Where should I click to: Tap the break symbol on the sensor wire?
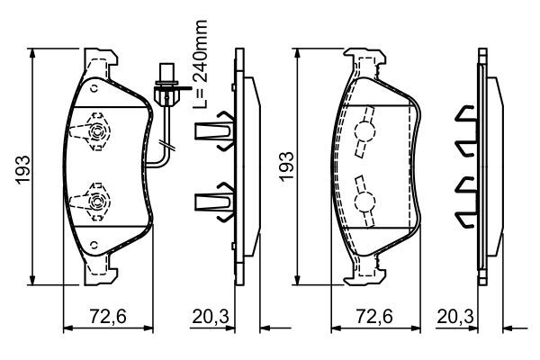point(166,144)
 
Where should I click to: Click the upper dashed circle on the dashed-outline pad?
point(365,132)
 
